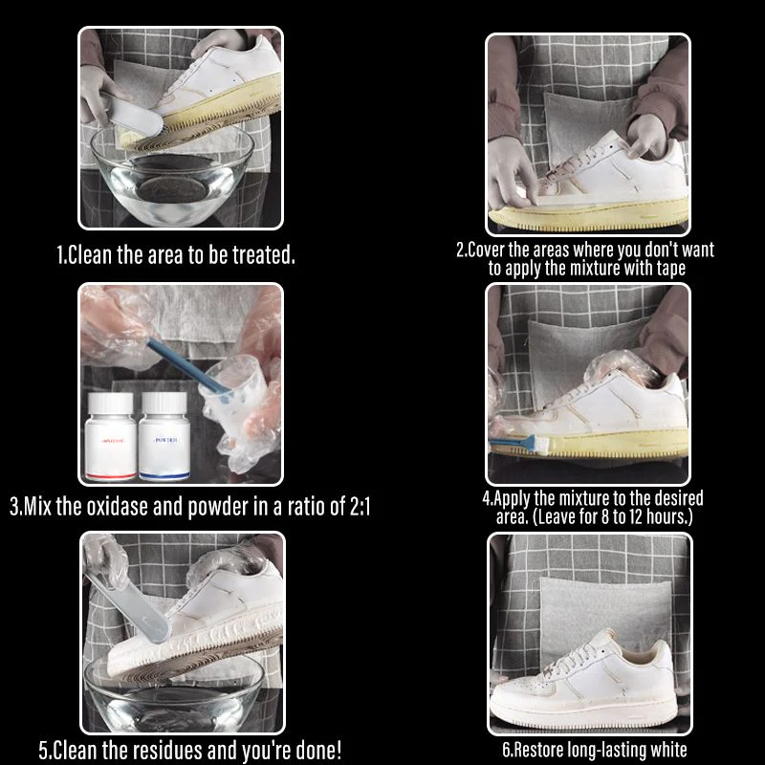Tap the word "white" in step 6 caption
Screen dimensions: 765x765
click(x=663, y=750)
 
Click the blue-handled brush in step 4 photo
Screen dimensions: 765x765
click(x=521, y=442)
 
